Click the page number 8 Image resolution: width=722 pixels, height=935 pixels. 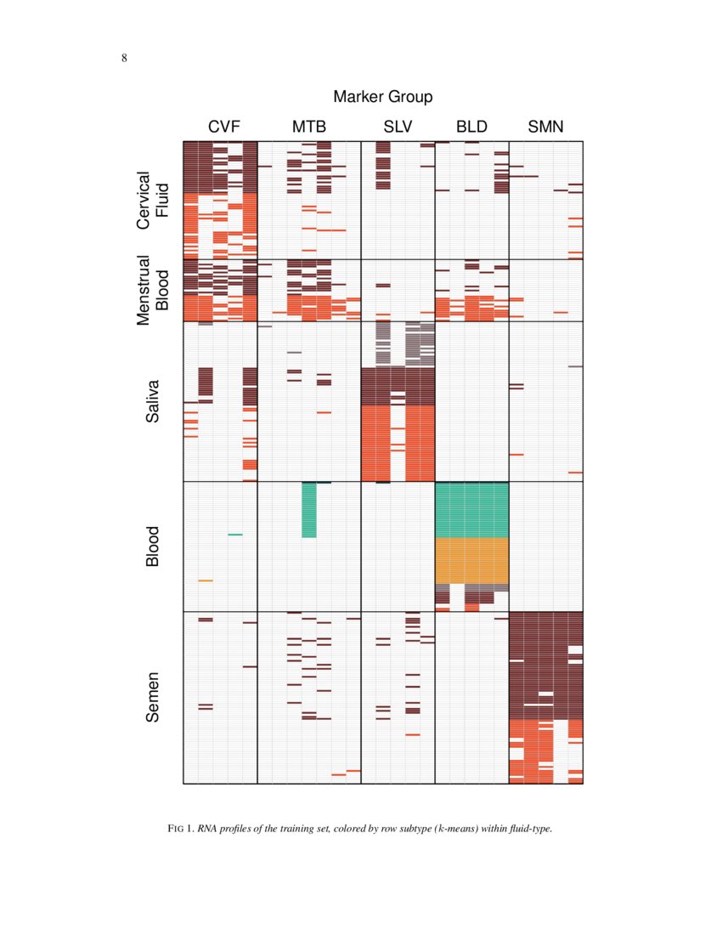point(125,58)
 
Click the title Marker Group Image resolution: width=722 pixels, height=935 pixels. point(382,96)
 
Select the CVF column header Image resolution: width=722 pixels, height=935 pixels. point(224,127)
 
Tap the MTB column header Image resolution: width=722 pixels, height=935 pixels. point(309,127)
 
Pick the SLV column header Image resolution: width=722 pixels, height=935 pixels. point(398,127)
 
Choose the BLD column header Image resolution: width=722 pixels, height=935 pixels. point(471,127)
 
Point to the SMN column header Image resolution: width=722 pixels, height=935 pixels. point(545,127)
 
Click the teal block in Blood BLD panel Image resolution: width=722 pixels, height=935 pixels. point(471,509)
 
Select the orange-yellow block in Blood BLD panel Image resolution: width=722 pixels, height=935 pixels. point(471,560)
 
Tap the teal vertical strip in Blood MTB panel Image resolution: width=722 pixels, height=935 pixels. point(309,510)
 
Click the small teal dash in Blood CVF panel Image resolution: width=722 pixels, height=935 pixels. point(235,535)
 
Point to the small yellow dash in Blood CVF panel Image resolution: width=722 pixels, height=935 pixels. point(206,581)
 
